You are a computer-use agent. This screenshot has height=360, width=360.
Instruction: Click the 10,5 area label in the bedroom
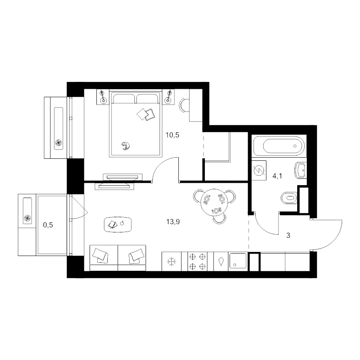pos(172,135)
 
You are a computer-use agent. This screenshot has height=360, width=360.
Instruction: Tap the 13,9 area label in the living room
pos(173,222)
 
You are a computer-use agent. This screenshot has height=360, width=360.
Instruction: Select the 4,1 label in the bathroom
pos(277,176)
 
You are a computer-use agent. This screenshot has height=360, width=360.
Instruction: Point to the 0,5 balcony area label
pos(48,225)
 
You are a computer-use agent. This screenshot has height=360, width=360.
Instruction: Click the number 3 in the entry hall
pos(288,235)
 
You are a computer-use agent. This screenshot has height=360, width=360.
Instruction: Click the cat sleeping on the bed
pos(126,146)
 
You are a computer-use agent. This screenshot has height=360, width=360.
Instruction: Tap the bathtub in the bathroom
pos(279,146)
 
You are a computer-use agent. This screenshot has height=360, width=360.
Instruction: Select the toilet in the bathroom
pos(289,198)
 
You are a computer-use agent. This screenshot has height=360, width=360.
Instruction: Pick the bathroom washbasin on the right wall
pos(300,170)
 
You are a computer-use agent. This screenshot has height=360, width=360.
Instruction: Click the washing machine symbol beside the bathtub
pos(259,170)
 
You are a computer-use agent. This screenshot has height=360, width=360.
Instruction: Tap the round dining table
pos(214,202)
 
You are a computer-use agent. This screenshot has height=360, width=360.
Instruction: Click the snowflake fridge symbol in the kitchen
pos(172,262)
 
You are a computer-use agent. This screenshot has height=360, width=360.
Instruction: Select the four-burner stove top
pos(197,262)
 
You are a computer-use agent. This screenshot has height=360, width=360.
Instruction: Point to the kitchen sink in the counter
pos(238,261)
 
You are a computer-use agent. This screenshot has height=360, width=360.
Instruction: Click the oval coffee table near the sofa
pos(118,224)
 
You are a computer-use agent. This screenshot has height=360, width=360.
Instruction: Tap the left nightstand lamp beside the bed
pos(103,97)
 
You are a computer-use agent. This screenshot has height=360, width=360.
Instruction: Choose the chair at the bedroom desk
pos(184,105)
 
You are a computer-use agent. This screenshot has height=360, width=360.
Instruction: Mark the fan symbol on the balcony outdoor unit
pos(27,218)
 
